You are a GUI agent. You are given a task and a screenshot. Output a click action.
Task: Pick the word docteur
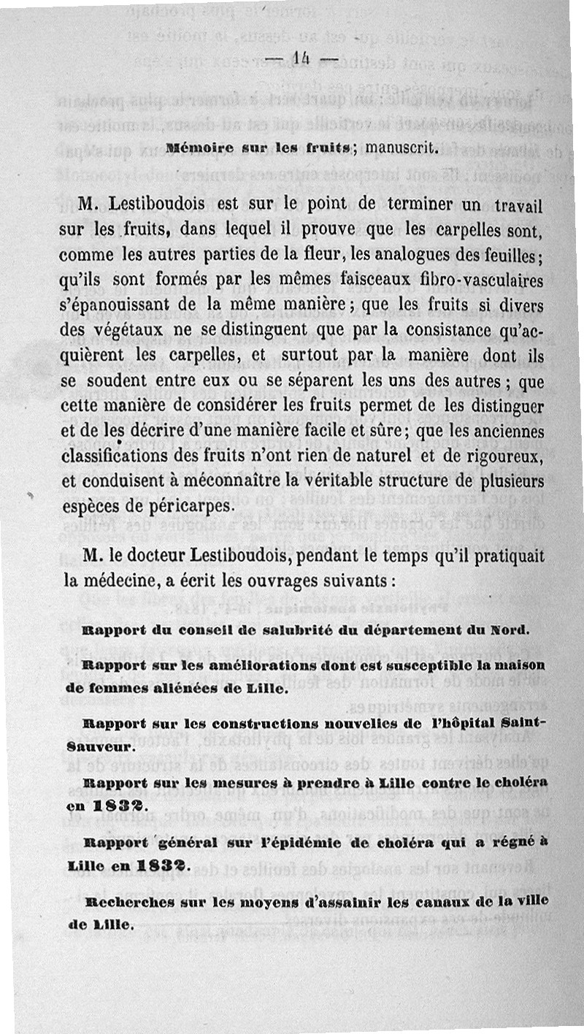(x=163, y=556)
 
